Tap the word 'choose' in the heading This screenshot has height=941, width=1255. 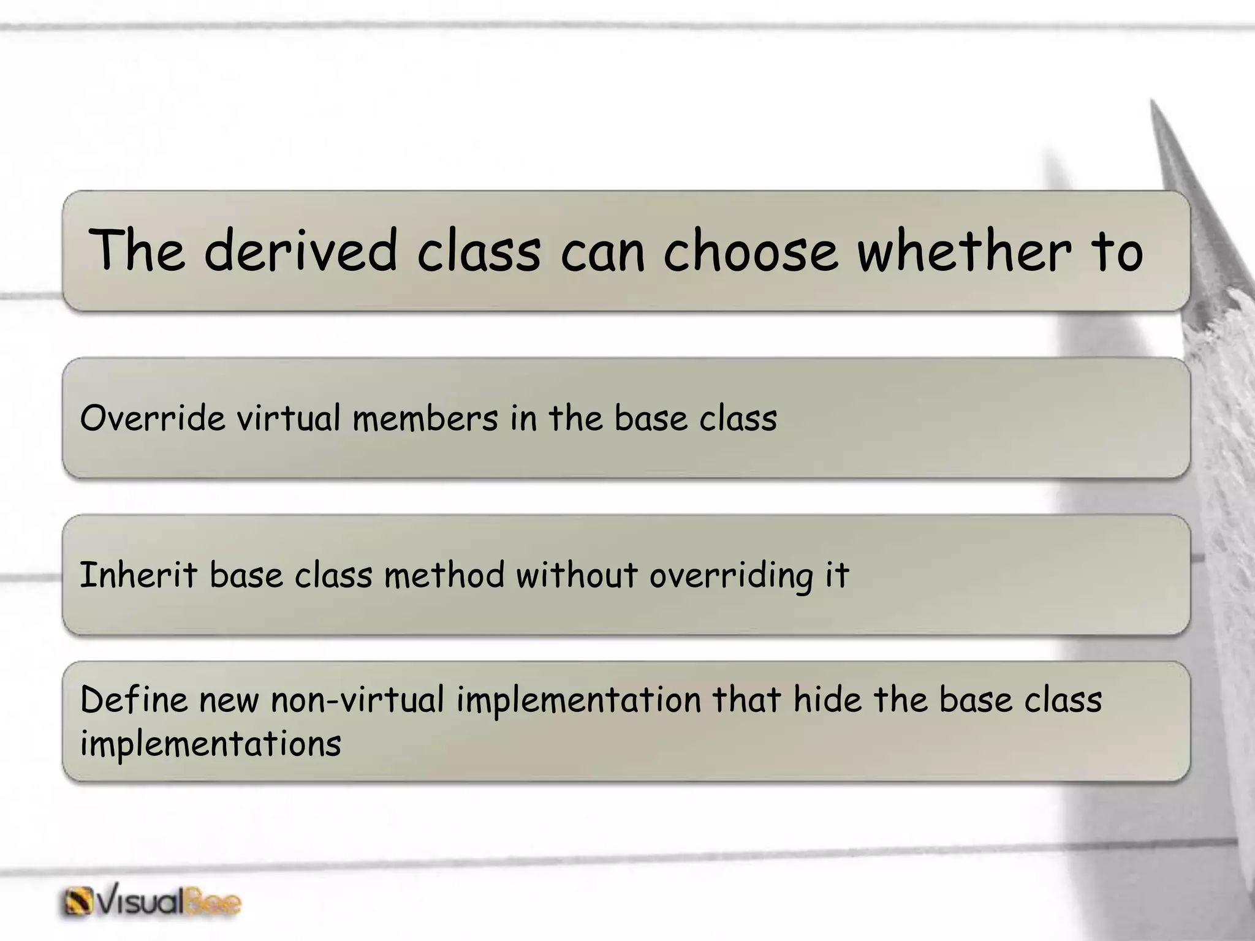[750, 250]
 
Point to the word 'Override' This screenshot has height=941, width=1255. [153, 419]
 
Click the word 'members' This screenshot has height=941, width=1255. [425, 419]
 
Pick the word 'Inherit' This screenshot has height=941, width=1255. [138, 576]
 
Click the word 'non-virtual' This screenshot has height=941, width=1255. [357, 700]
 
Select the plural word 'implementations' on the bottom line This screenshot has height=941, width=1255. [210, 744]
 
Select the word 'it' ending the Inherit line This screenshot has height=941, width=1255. [836, 576]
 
